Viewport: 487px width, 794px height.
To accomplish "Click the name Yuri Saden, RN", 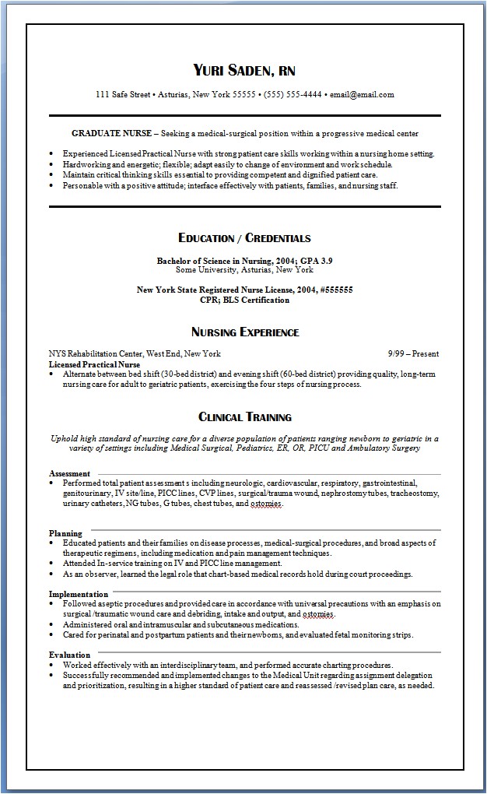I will [244, 71].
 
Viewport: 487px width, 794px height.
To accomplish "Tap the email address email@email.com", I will [363, 95].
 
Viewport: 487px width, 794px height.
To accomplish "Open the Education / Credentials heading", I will [244, 238].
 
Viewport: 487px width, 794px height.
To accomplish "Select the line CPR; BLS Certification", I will [244, 299].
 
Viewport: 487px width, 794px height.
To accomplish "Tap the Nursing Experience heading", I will [244, 332].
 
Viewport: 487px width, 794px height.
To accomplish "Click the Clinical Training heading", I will [244, 417].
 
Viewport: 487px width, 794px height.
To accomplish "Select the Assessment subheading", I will [69, 473].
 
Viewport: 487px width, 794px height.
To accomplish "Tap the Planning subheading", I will [65, 533].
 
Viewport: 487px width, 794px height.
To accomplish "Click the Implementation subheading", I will [78, 594].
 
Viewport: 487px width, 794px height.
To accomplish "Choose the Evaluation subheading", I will [68, 655].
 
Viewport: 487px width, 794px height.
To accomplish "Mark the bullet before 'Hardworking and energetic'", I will [51, 165].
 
